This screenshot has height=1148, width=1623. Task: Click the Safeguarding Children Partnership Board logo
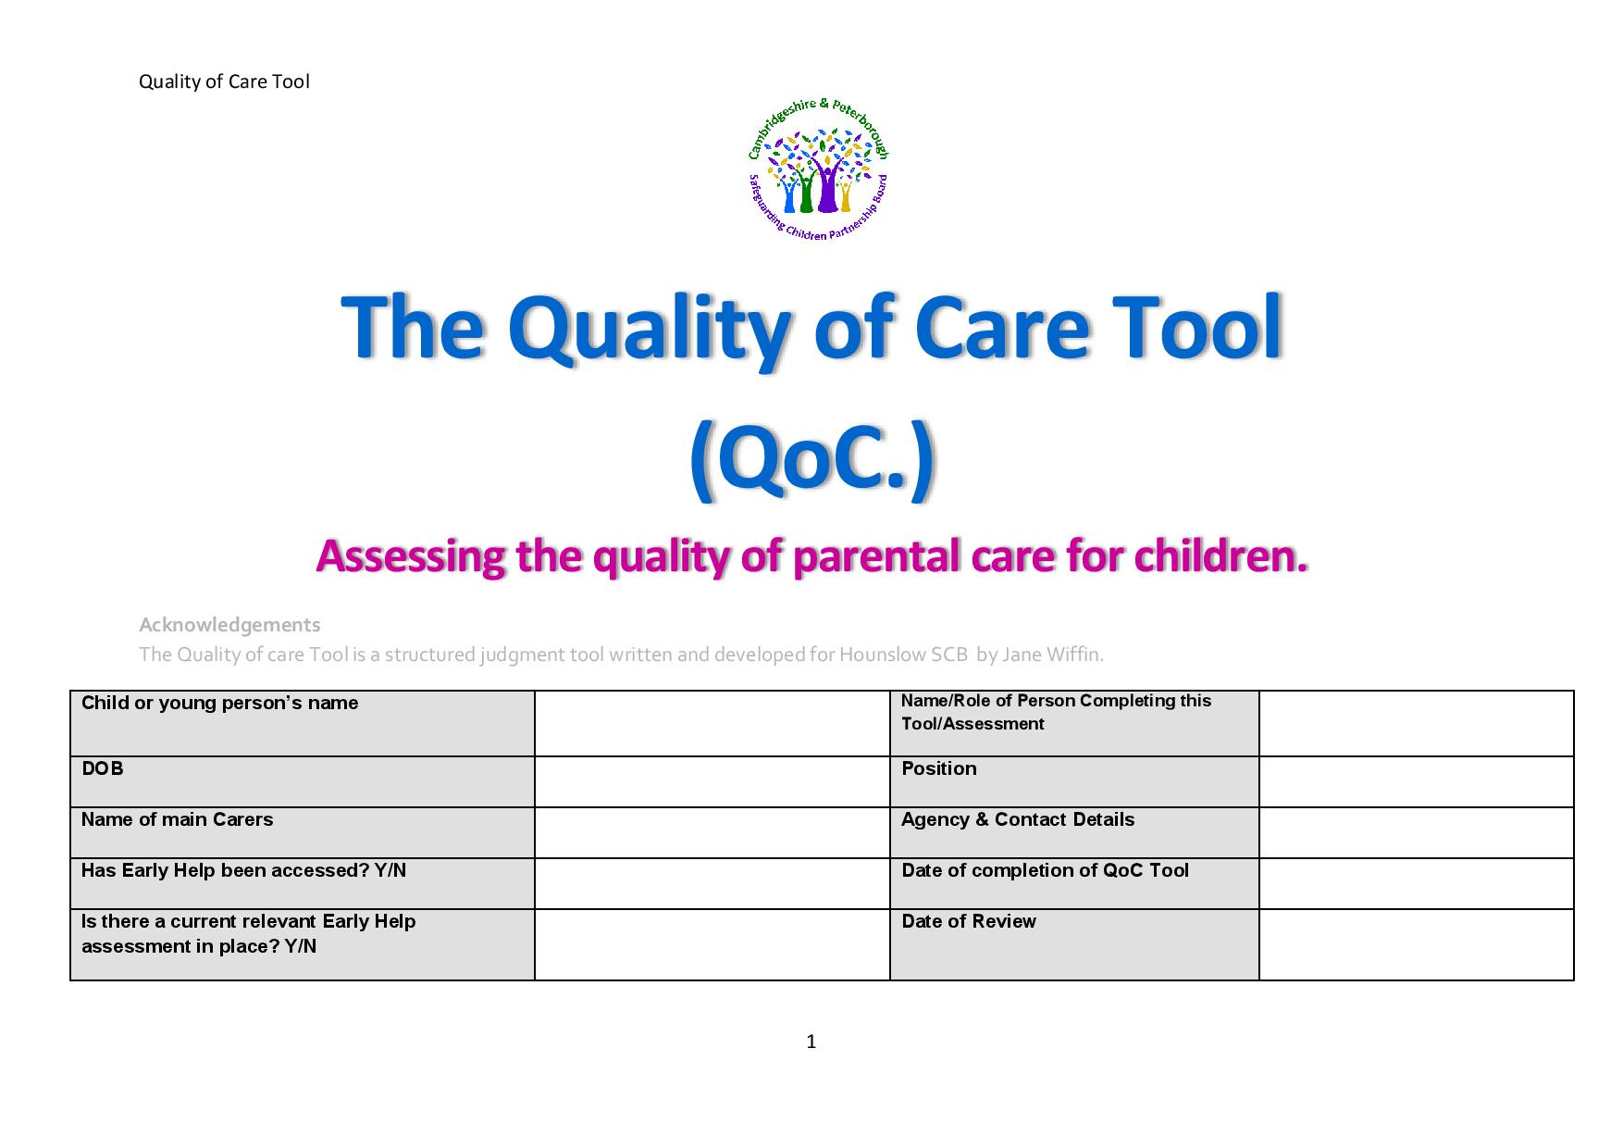[818, 168]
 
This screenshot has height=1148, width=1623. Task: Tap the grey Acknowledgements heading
[229, 625]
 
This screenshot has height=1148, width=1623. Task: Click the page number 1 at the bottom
[811, 1042]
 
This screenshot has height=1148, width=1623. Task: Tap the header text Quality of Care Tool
[224, 81]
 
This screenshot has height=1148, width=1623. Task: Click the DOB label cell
[303, 781]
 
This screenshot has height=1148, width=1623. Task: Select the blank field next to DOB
[712, 781]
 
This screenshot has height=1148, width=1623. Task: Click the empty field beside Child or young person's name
[712, 723]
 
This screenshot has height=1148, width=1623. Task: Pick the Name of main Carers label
[177, 819]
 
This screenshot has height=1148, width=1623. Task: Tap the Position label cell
[1074, 781]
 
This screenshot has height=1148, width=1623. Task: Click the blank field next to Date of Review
[1417, 944]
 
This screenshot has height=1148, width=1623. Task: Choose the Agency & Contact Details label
[1018, 819]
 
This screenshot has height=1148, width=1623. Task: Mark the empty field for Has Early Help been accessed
[712, 883]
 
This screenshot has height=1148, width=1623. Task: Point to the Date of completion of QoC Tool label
[1045, 870]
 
